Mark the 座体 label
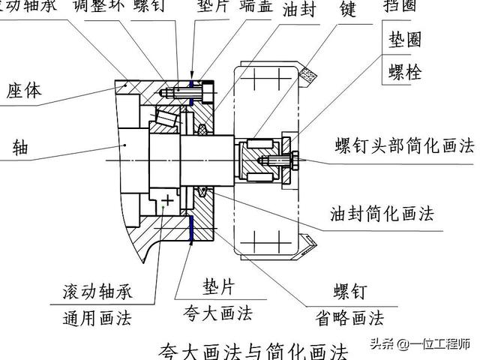click(x=25, y=91)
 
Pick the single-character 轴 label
click(x=20, y=147)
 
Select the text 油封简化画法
click(x=382, y=214)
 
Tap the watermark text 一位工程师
click(x=445, y=344)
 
